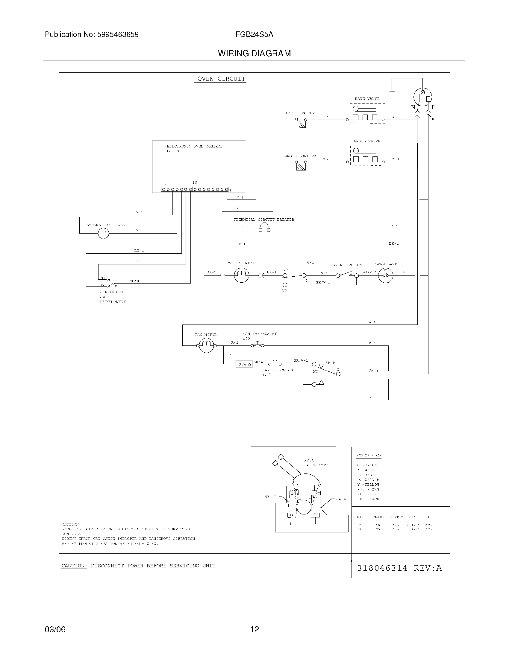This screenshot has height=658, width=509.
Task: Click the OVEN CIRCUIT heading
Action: coord(221,79)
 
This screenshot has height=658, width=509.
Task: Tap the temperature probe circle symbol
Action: coord(103,234)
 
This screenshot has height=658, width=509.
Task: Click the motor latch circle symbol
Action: coord(242,275)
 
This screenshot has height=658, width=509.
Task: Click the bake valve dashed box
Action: coord(367,113)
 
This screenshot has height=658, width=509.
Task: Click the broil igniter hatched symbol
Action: coord(301,166)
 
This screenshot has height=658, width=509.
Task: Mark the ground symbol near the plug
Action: coord(392,91)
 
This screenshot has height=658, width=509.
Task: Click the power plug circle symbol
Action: coord(422,97)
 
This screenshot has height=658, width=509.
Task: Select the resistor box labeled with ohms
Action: coord(244,364)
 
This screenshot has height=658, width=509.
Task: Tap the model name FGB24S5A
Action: coord(254,35)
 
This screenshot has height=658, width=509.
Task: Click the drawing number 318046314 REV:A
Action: coord(399,568)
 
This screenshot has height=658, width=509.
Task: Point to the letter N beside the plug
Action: coord(413,108)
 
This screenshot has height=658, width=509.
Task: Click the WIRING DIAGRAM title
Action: coord(254,54)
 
